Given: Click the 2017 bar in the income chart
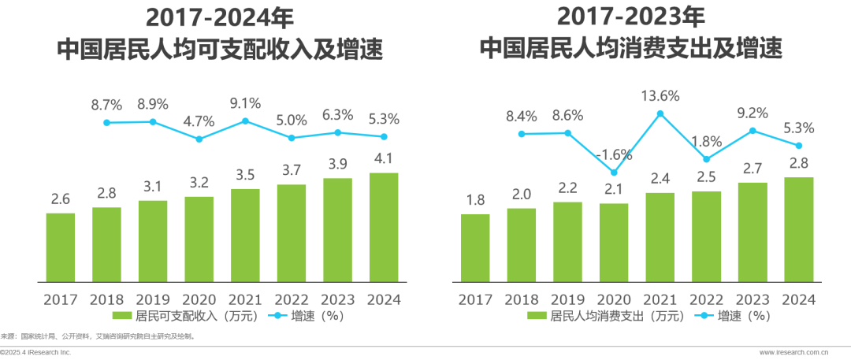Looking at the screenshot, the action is (x=60, y=247).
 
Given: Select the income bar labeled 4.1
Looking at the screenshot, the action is (x=383, y=228).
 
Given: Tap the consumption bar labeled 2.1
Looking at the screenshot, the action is (x=614, y=243).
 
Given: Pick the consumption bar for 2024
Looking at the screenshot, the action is (x=799, y=230).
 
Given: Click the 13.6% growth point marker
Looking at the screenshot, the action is (x=660, y=113).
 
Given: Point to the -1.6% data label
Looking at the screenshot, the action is (x=613, y=154).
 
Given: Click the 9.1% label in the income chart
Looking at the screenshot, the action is (x=245, y=103).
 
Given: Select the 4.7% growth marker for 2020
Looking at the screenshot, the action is (x=199, y=139).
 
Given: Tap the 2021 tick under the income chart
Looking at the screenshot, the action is (x=245, y=299).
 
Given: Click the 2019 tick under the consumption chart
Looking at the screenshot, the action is (x=567, y=299).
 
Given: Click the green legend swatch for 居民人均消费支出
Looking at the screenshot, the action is (x=537, y=315).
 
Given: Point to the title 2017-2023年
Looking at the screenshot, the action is (x=630, y=18).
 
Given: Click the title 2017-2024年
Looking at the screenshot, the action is (x=219, y=18).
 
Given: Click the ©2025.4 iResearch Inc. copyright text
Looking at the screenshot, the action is (x=35, y=353).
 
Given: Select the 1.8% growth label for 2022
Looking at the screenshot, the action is (x=706, y=143).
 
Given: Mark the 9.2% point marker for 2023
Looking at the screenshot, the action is (x=753, y=131).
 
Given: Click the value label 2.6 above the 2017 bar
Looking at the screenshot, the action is (x=60, y=199).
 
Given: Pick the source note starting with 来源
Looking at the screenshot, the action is (x=98, y=336).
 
